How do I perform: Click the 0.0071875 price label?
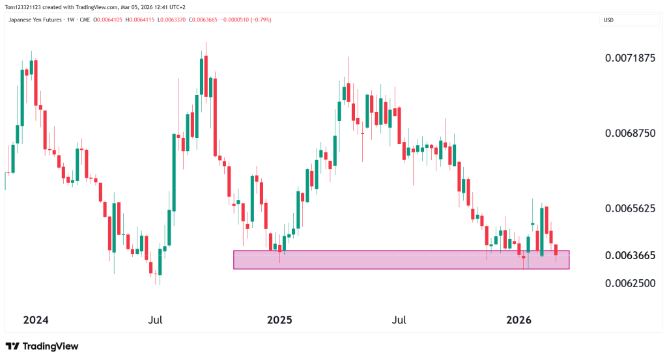coord(629,58)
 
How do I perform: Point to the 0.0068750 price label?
coord(629,133)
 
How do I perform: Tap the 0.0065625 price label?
coord(629,208)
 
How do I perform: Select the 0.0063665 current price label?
coord(629,255)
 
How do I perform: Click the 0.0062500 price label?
coord(629,283)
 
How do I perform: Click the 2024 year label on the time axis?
coord(36,320)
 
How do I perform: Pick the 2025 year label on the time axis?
coord(279,320)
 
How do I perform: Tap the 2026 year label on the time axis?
coord(518,320)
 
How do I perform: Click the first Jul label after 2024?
coord(155,320)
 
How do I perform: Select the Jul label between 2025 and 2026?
coord(399,320)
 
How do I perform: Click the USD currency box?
coord(609,20)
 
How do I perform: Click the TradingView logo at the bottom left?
coord(42,346)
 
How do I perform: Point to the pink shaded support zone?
coord(401,260)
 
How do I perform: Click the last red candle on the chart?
coord(556,249)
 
